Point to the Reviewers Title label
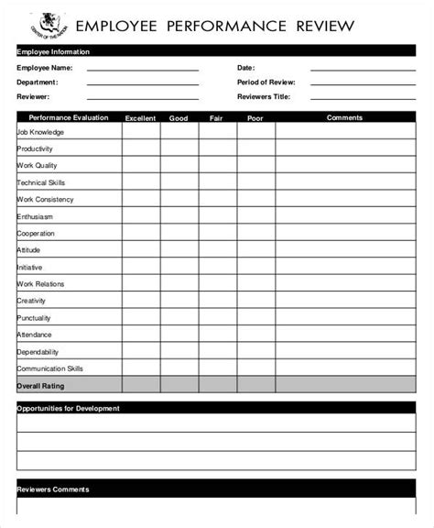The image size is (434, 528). coord(264,96)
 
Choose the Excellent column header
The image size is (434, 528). coord(140,117)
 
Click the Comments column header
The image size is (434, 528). coord(344,117)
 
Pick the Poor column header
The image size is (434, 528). coord(255,117)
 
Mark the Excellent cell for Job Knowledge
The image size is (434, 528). coord(140,131)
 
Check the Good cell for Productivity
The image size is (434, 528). coord(179,148)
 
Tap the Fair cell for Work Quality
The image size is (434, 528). coord(217,165)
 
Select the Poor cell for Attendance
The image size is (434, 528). coord(255,335)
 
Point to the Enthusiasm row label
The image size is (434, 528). coord(35,216)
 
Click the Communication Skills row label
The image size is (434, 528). coord(49,368)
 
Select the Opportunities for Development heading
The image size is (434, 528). coord(68,407)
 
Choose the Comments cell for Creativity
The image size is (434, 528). coord(344,301)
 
